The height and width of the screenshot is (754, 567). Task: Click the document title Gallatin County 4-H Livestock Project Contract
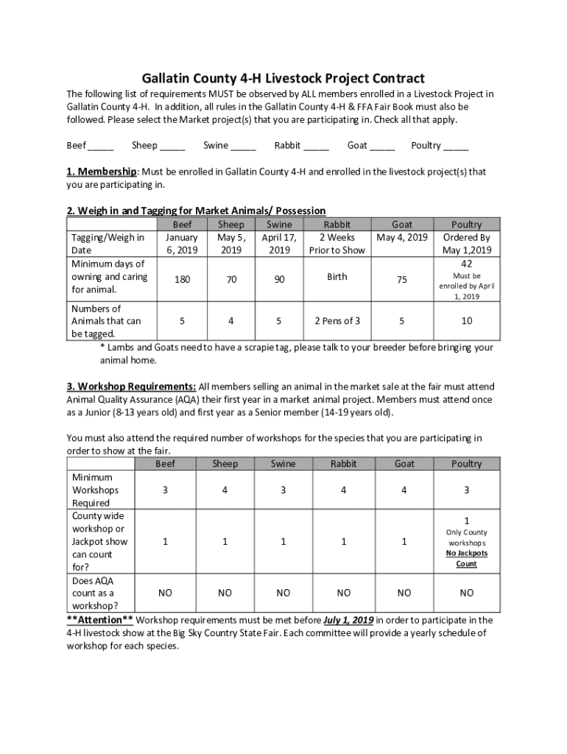point(283,78)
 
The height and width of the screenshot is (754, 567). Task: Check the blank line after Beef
point(102,147)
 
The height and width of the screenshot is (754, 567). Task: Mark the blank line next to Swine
point(243,147)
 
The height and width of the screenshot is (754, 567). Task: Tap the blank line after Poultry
point(456,147)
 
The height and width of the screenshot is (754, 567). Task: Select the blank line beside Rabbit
point(316,147)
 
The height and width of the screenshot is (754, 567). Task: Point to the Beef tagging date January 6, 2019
point(182,244)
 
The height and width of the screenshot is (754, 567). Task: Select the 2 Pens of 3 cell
point(337,321)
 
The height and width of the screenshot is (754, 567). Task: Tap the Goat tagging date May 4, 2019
point(402,238)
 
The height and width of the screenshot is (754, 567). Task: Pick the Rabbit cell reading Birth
point(337,277)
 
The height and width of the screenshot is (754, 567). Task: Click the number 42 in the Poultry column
point(466,264)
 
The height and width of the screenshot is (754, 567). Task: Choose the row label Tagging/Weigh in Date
point(108,244)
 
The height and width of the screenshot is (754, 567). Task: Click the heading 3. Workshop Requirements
point(131,387)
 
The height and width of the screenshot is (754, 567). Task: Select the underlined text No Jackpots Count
point(466,558)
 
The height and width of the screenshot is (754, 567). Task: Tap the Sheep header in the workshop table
point(225,464)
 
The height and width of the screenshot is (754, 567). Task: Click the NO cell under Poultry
point(466,593)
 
